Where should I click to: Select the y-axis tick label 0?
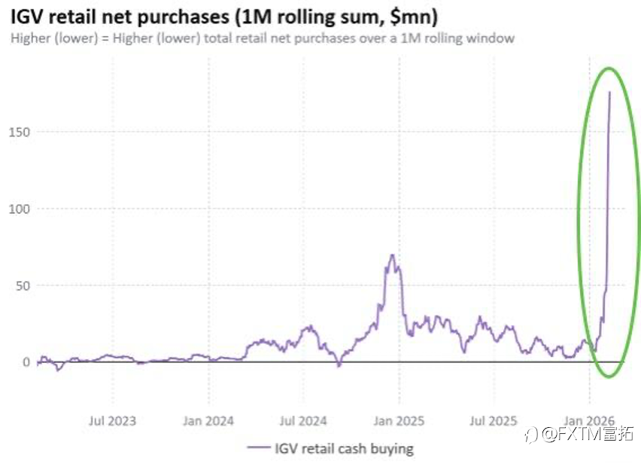(26, 362)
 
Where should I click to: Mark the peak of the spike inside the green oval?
(609, 92)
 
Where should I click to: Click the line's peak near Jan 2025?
(392, 255)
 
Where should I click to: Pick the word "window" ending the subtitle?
(490, 38)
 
